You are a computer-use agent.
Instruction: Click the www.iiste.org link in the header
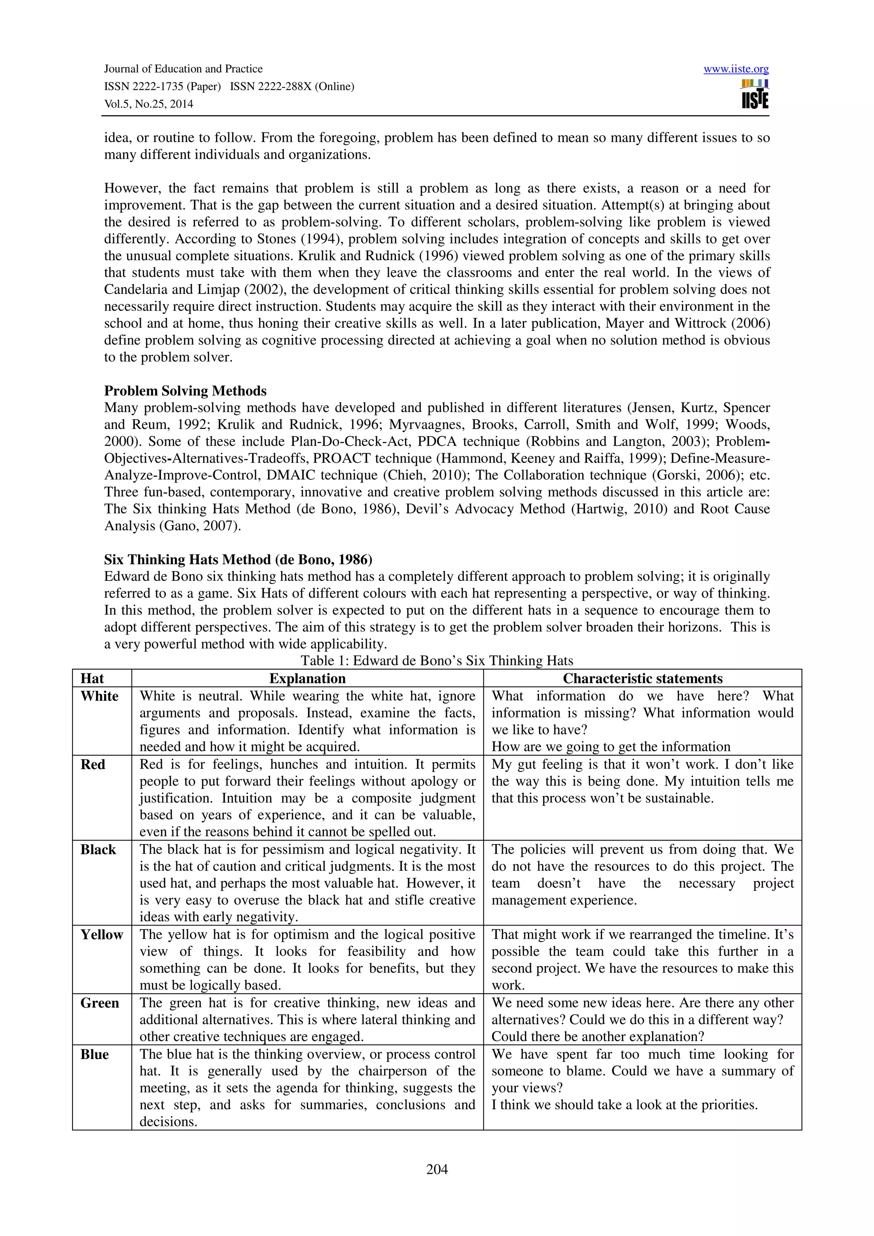(736, 69)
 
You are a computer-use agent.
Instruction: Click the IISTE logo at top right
(755, 95)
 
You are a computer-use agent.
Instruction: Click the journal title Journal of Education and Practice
(183, 69)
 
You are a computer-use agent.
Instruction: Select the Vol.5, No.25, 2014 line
(148, 104)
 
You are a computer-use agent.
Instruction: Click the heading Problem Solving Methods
(185, 390)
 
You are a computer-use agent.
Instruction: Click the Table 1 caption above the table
(437, 661)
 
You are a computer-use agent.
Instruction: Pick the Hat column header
(92, 678)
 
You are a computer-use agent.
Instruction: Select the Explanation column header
(308, 678)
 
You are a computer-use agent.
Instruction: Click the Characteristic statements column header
(642, 678)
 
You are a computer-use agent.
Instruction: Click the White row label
(99, 696)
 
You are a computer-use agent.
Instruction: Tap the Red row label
(93, 764)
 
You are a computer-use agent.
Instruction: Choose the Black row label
(98, 850)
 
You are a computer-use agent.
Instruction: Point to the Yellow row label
(102, 934)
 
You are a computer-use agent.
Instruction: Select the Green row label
(99, 1003)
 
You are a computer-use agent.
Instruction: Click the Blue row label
(94, 1054)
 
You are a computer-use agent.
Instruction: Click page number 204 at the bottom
(437, 1169)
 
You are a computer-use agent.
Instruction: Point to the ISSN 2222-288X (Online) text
(292, 87)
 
